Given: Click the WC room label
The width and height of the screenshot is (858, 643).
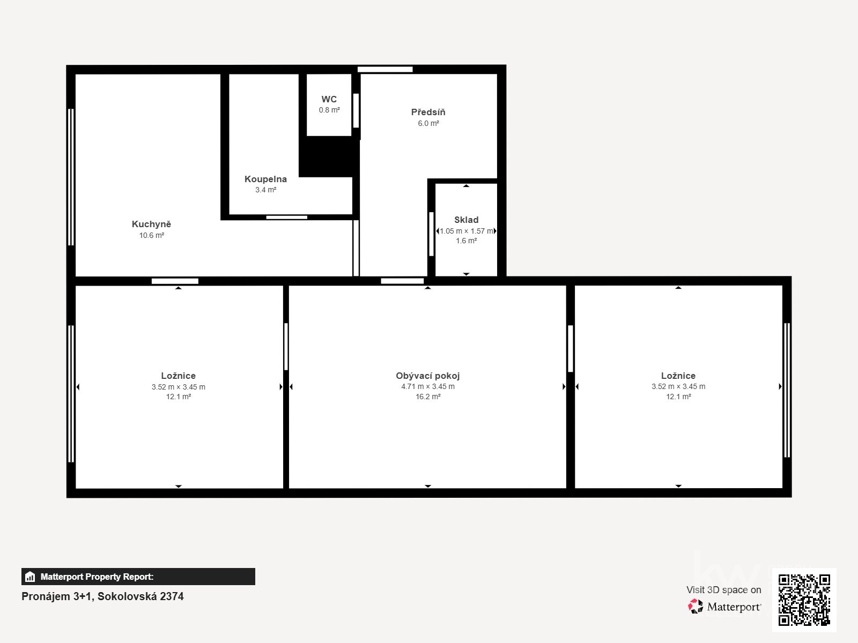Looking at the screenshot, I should tap(329, 99).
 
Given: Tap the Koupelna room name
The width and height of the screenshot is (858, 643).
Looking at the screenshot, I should tap(265, 179).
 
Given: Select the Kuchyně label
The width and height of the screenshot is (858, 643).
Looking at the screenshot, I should tap(151, 224).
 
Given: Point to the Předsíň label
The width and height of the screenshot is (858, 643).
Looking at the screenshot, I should tap(428, 112).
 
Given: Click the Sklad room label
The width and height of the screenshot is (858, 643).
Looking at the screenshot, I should tap(466, 220).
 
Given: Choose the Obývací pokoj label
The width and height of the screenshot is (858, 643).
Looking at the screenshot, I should tap(427, 376).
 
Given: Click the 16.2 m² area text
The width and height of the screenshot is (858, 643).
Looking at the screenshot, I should tap(427, 397).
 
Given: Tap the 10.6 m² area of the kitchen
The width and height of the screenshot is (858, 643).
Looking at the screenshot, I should tap(151, 235).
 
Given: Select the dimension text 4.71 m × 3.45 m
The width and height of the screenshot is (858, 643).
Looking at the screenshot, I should tap(427, 386).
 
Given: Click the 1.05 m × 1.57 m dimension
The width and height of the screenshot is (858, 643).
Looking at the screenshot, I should tap(466, 231).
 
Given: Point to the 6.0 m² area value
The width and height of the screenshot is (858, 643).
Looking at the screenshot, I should tap(428, 123).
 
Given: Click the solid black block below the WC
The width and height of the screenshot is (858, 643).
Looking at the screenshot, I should tap(328, 156).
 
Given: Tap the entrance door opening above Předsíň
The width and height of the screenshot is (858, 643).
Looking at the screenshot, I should tap(385, 69).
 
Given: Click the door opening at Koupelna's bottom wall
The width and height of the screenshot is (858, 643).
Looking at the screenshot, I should tap(287, 217).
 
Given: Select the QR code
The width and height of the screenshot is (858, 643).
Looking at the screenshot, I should tap(804, 600).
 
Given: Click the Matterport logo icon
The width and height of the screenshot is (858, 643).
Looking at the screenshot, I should tap(696, 607).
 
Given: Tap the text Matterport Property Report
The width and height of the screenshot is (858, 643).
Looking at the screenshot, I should tap(97, 577).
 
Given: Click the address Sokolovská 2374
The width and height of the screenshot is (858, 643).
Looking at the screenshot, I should tap(140, 596).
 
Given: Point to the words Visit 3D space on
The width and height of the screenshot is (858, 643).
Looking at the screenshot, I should tap(723, 589).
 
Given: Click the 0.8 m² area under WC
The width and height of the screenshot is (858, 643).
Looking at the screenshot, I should tap(329, 110).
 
